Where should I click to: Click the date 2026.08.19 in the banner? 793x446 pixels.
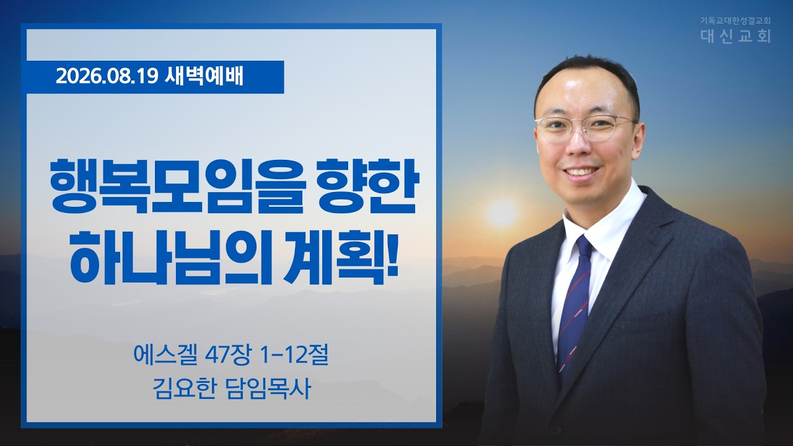(x=107, y=77)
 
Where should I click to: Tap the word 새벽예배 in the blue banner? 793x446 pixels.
(x=204, y=77)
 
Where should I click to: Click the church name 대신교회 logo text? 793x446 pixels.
(x=735, y=36)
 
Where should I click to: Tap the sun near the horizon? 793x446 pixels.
(x=502, y=212)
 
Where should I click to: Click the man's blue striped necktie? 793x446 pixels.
(x=574, y=308)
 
